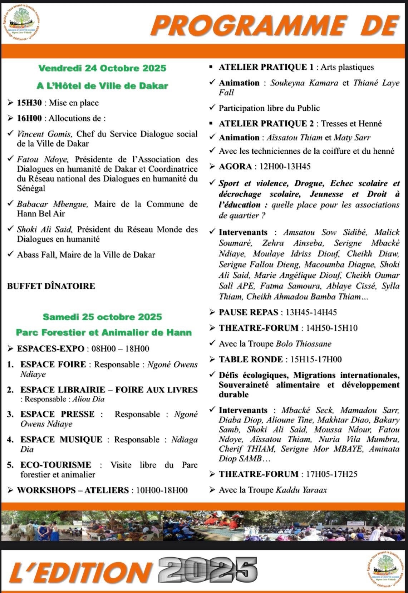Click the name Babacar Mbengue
click(52, 204)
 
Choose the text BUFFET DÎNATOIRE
click(51, 286)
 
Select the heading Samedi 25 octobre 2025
click(102, 317)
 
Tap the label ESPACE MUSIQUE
click(61, 439)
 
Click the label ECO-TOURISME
click(56, 465)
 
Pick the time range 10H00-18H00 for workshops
click(162, 490)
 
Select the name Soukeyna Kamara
click(304, 83)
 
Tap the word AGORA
click(235, 166)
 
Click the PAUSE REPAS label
click(249, 312)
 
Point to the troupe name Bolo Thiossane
click(304, 344)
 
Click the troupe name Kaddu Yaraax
click(301, 490)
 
